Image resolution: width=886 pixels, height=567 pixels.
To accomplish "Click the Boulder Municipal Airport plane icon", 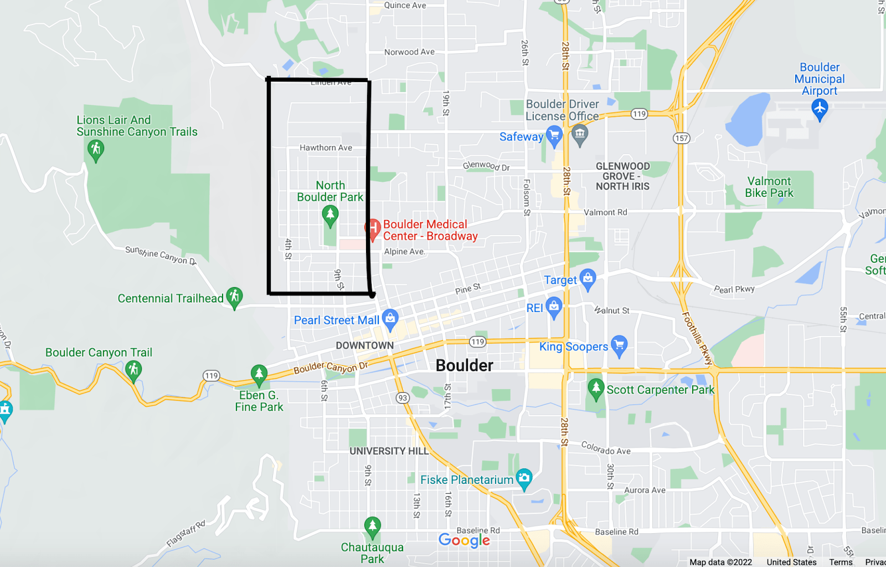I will [x=820, y=108].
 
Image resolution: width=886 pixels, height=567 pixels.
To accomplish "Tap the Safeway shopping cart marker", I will [x=554, y=135].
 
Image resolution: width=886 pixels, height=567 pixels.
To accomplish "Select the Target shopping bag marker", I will [x=588, y=278].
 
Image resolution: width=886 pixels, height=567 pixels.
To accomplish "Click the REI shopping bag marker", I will [x=554, y=307].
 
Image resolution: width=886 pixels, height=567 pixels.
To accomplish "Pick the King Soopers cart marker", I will [x=619, y=345].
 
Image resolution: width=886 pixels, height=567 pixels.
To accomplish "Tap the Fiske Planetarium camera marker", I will [x=524, y=478].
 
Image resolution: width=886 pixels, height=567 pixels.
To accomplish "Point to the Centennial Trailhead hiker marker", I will [x=234, y=297].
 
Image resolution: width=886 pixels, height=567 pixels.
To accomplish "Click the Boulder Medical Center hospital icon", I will [x=373, y=228].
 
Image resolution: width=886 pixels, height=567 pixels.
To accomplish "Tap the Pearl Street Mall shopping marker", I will [x=390, y=318].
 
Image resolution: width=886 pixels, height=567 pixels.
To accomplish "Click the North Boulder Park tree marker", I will [x=330, y=214].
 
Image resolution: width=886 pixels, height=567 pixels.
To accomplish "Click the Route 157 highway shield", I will [x=682, y=138].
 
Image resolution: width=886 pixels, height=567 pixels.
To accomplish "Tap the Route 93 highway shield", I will [x=403, y=398].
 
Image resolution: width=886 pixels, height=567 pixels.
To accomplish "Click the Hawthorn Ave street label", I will [x=326, y=148].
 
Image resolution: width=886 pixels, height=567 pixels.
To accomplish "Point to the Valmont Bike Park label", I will [x=769, y=187].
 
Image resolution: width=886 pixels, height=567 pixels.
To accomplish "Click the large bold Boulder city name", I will [x=464, y=366].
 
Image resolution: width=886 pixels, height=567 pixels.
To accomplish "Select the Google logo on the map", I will [x=464, y=540].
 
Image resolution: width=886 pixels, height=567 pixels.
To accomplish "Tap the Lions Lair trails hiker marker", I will [x=96, y=149].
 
